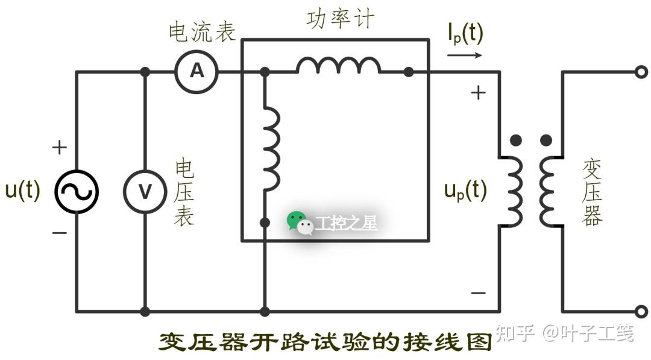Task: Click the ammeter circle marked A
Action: [x=197, y=72]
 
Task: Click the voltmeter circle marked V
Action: [x=145, y=192]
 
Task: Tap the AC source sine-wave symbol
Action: [x=77, y=192]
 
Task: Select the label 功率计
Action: [x=340, y=19]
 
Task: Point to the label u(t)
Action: [x=22, y=190]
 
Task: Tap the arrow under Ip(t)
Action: [x=465, y=55]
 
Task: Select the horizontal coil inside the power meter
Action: [x=338, y=66]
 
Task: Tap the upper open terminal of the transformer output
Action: [x=641, y=72]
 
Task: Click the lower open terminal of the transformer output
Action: [x=641, y=312]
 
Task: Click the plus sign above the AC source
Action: [x=59, y=147]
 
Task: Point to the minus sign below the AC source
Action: [x=59, y=232]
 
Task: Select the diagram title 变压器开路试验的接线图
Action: [x=325, y=342]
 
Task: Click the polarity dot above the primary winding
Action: [x=515, y=141]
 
